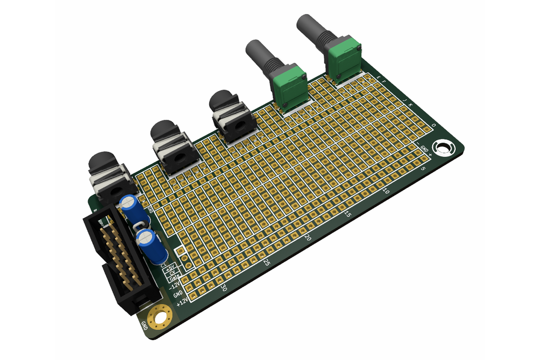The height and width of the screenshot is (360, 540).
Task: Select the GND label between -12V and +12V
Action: [178, 294]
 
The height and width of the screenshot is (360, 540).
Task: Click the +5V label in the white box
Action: [170, 268]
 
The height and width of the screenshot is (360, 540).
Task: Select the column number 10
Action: [386, 191]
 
